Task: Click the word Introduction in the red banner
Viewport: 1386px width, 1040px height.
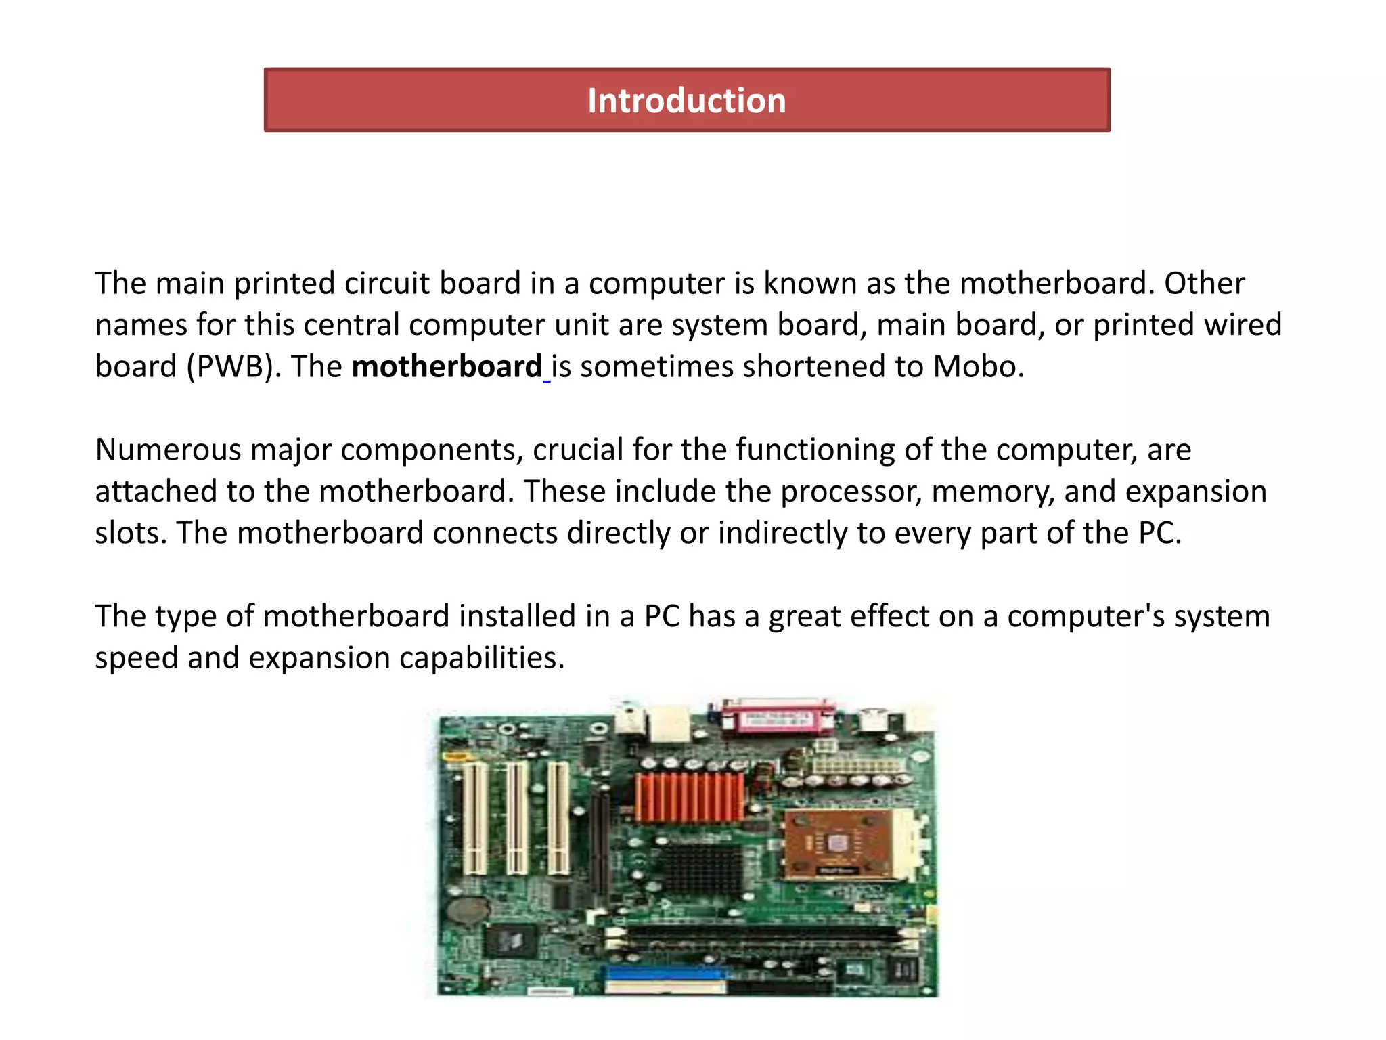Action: pyautogui.click(x=686, y=101)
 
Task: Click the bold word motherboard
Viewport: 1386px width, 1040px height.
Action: pyautogui.click(x=447, y=367)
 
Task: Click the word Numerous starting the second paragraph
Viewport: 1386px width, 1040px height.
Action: pyautogui.click(x=168, y=450)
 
